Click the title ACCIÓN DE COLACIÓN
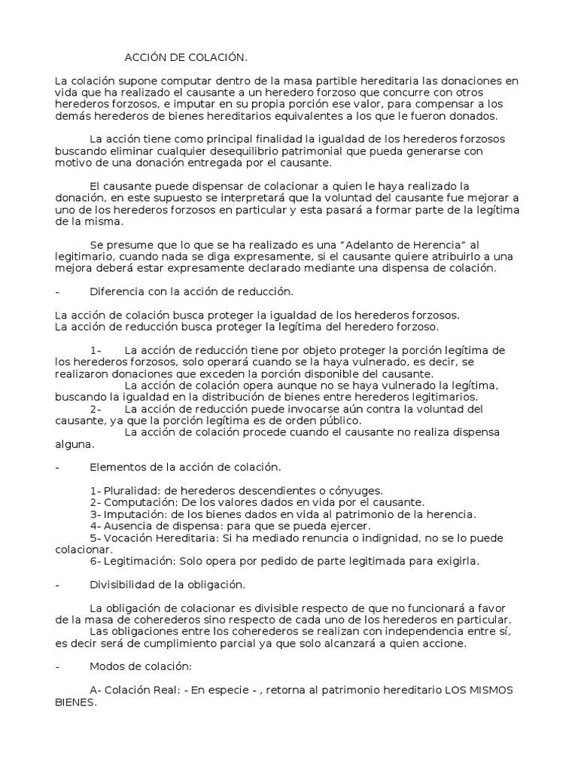tap(186, 57)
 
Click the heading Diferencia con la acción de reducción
tap(191, 291)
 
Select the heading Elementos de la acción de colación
tap(184, 468)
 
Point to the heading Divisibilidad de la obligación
tap(167, 584)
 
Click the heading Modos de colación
tap(141, 666)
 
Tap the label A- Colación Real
tap(133, 690)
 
